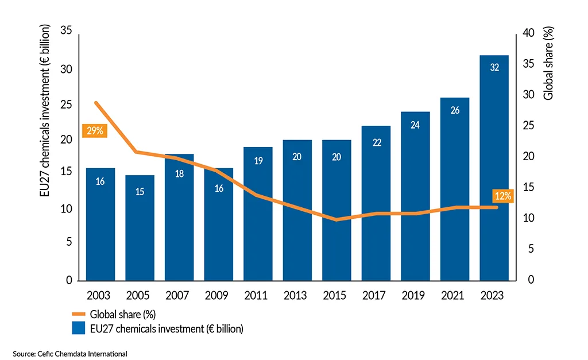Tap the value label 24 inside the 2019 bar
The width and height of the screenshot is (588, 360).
point(415,125)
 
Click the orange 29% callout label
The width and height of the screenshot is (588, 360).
point(95,131)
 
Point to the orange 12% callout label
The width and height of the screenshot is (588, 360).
point(503,196)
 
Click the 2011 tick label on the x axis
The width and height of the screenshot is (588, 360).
point(258,296)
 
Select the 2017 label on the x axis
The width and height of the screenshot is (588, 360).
point(376,296)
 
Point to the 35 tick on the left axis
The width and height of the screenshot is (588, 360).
point(65,32)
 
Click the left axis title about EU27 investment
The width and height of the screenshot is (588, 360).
point(45,111)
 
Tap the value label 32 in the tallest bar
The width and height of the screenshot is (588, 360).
point(494,67)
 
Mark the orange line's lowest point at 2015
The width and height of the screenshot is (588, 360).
point(336,219)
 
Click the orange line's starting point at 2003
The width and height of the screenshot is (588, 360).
point(96,103)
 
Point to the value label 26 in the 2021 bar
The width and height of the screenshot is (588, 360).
point(455,110)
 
